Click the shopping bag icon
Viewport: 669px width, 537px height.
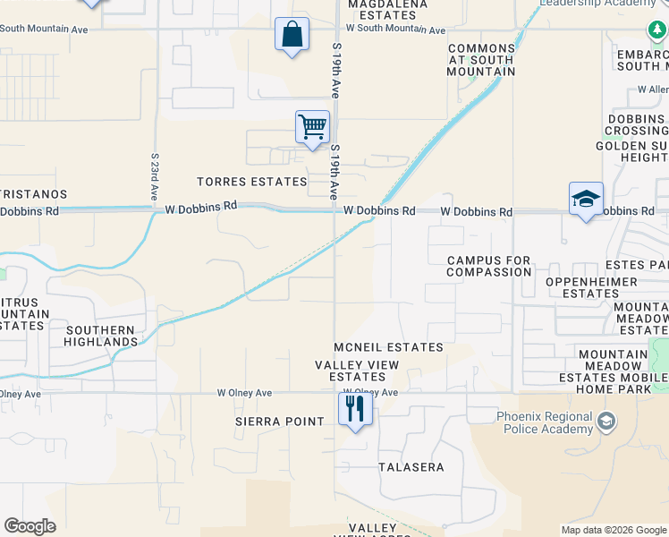click(292, 36)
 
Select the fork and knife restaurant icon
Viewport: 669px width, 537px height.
click(355, 409)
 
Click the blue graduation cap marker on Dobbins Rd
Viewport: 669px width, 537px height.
click(586, 199)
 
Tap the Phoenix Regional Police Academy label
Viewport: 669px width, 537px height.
click(545, 422)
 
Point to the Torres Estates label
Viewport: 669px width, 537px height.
click(252, 182)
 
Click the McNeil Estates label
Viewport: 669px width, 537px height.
click(388, 347)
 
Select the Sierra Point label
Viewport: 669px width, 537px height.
click(279, 422)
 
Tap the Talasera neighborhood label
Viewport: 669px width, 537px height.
click(411, 467)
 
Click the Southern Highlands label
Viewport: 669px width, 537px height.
click(100, 336)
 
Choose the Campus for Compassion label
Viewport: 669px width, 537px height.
click(489, 266)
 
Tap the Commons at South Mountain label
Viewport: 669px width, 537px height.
click(481, 60)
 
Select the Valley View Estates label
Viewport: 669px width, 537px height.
click(351, 371)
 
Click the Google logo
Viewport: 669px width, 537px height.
click(30, 526)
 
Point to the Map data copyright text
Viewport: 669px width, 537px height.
click(613, 530)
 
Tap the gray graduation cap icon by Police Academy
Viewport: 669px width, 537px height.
click(606, 421)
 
